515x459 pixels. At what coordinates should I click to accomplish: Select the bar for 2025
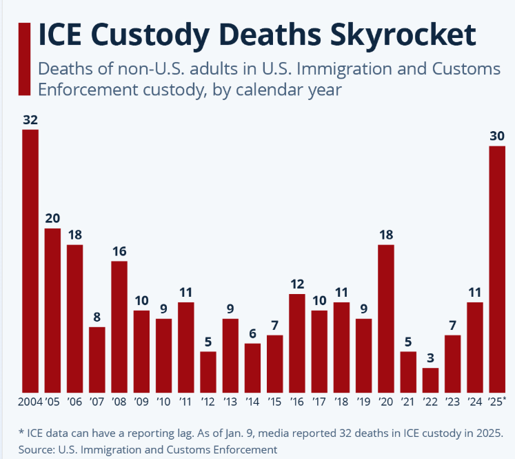coord(497,269)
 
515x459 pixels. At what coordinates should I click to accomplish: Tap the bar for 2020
coord(386,318)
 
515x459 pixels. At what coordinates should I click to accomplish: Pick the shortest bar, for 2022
coord(430,380)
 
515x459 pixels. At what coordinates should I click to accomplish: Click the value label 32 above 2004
coord(30,120)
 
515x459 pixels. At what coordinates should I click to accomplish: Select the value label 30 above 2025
coord(497,136)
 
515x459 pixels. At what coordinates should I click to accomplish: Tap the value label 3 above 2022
coord(430,358)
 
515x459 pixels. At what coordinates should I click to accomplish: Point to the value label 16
coord(119,251)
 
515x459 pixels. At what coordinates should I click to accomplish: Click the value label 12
coord(297,284)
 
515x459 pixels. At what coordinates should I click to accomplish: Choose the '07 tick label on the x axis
coord(97,402)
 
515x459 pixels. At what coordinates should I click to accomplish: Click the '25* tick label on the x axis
coord(498,402)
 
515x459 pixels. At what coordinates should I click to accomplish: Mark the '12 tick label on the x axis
coord(208,402)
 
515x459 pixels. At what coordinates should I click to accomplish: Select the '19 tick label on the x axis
coord(363,402)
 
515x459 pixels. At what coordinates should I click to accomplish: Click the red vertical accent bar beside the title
coord(25,59)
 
